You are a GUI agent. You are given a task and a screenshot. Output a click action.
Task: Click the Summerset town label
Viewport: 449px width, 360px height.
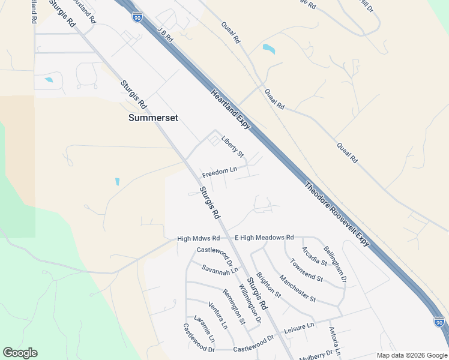coord(153,118)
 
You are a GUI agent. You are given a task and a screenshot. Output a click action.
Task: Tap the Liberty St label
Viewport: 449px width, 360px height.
coord(232,146)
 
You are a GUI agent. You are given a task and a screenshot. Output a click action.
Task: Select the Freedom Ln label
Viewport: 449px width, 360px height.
coord(220,173)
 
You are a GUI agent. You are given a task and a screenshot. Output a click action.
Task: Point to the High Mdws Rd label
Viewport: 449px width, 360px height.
coord(196,238)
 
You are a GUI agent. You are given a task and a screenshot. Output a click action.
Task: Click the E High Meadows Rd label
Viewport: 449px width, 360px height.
coord(264,238)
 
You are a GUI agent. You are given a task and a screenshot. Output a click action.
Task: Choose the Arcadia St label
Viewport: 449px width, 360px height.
coord(314,256)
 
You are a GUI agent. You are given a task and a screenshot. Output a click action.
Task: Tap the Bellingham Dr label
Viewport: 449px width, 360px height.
coord(335,263)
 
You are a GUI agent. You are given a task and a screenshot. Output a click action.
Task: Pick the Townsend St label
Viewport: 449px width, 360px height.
coord(307,271)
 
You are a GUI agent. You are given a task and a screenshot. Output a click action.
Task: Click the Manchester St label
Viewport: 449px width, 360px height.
coord(298,288)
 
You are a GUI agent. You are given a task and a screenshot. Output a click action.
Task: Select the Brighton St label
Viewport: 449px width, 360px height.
coord(268,286)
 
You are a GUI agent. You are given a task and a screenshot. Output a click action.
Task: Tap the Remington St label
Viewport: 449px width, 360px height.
coord(234,306)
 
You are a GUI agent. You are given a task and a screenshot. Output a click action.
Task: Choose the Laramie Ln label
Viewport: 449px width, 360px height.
coord(204,328)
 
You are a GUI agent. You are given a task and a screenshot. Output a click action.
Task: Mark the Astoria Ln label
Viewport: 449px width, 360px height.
coord(334,341)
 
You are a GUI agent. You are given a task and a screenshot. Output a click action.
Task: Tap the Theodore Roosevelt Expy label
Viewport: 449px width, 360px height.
coord(337,214)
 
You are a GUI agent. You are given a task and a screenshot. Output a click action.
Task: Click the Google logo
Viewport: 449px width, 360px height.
coord(20,353)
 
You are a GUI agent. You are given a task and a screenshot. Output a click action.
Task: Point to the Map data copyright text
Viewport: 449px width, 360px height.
coord(411,355)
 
